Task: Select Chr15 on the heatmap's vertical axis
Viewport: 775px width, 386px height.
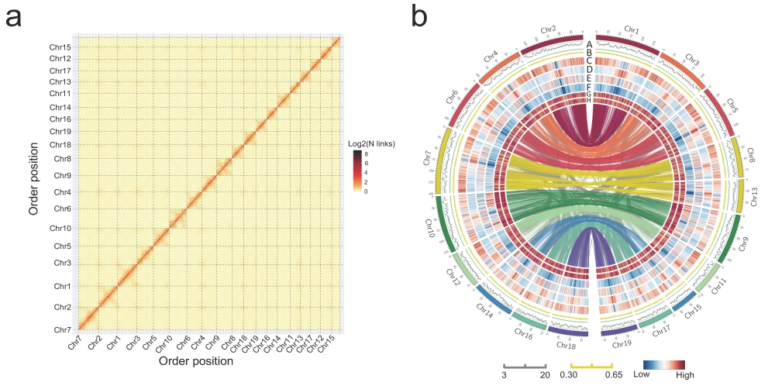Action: [x=60, y=47]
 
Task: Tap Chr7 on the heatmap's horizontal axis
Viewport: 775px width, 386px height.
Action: [x=75, y=342]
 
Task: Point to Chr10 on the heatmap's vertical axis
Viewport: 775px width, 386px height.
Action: [x=60, y=229]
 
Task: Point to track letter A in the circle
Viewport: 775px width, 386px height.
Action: [x=589, y=44]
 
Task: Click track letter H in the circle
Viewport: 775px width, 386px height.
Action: [x=589, y=100]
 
